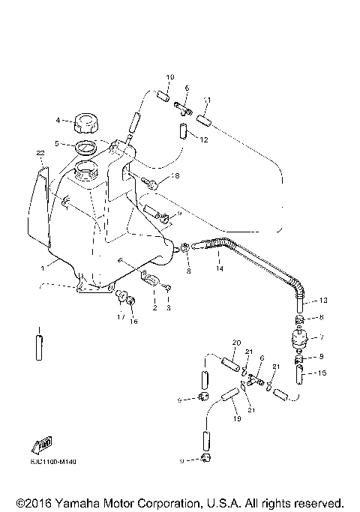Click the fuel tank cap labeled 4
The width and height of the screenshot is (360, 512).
(x=82, y=120)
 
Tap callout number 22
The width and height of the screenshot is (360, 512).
(x=40, y=153)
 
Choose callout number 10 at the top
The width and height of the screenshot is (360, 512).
(x=169, y=77)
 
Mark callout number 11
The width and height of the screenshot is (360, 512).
(x=207, y=100)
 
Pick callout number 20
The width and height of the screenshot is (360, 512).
(x=235, y=343)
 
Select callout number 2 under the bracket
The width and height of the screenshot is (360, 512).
(x=154, y=307)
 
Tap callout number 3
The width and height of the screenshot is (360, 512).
(x=169, y=307)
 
